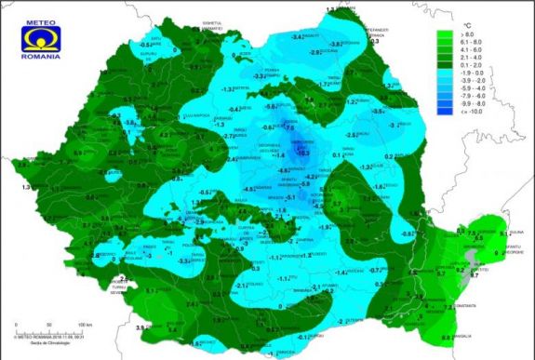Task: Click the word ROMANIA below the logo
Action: pos(40,58)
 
